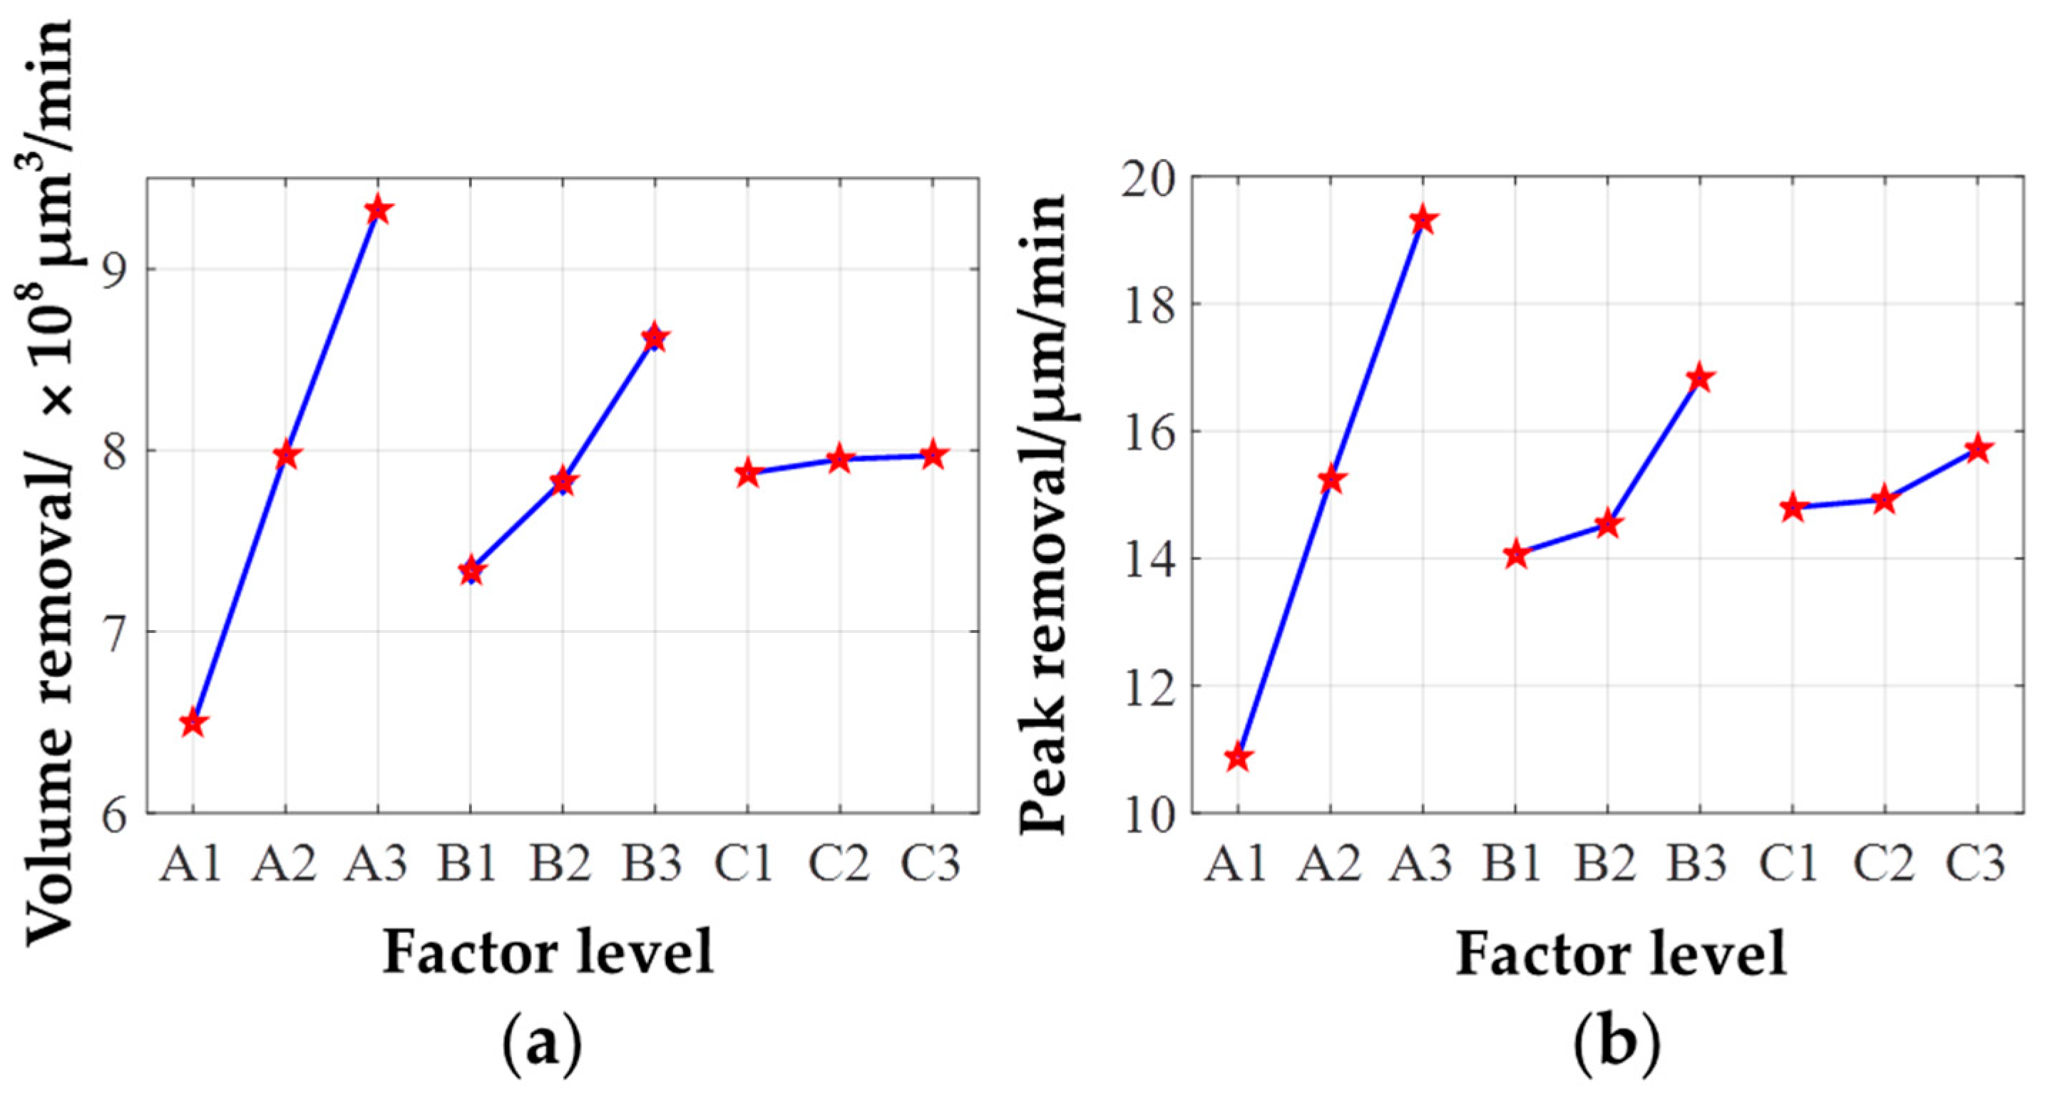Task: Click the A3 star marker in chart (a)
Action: [x=378, y=211]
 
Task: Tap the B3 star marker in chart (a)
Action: [x=654, y=338]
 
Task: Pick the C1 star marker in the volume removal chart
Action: [x=747, y=475]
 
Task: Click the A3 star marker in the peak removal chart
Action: [x=1423, y=221]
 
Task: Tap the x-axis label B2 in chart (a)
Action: [x=561, y=863]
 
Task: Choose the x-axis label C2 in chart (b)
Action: [x=1884, y=863]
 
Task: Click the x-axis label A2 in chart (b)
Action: [x=1330, y=863]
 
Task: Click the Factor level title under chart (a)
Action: [x=548, y=951]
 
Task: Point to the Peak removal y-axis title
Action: [x=1043, y=516]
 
